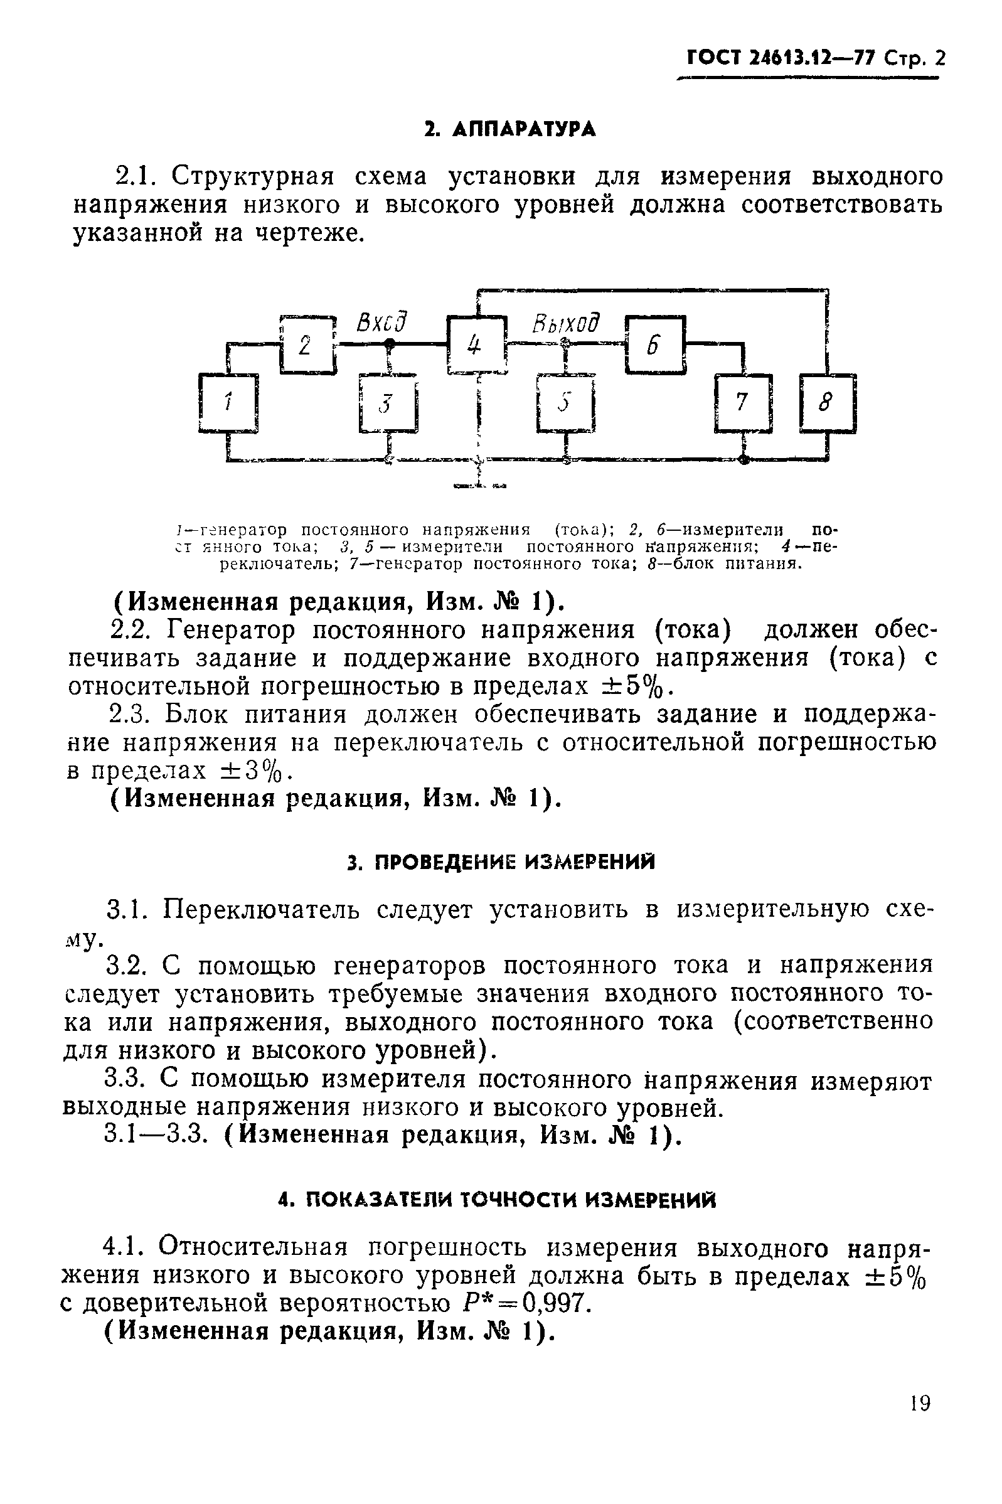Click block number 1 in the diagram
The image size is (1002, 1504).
tap(228, 403)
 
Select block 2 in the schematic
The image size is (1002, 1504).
tap(307, 344)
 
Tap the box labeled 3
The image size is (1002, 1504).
tap(388, 404)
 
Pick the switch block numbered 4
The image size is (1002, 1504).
tap(476, 345)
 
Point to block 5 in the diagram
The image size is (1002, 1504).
tap(565, 404)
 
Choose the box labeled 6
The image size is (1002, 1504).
tap(655, 345)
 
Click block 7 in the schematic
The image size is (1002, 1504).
tap(742, 403)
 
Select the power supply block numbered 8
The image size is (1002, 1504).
tap(827, 403)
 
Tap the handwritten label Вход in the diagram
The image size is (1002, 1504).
tap(381, 323)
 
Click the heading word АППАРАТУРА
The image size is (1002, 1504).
tap(523, 130)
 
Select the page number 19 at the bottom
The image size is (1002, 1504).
tap(920, 1404)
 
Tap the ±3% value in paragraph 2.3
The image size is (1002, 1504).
tap(252, 771)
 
